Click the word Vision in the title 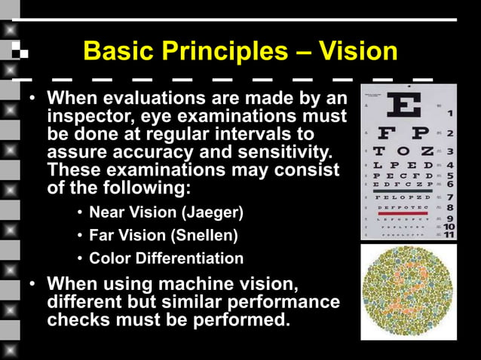(358, 52)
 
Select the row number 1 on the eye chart (449, 114)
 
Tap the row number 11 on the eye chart (449, 234)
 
